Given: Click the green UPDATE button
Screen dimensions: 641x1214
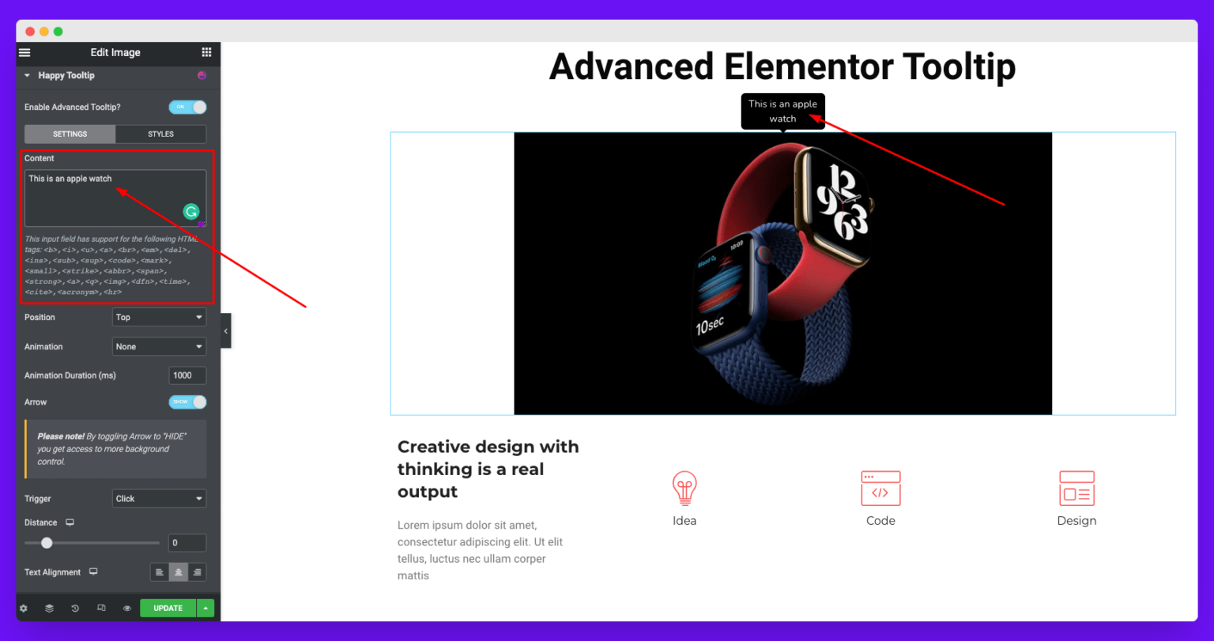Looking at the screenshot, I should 168,608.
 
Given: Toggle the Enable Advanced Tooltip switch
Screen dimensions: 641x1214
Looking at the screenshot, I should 187,107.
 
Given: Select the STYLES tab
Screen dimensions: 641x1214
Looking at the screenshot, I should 160,134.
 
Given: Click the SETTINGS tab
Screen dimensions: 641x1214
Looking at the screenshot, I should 70,134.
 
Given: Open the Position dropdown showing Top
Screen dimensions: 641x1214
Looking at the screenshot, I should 159,317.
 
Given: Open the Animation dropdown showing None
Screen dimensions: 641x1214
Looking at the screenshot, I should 159,346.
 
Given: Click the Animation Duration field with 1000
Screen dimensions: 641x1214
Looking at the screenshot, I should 187,375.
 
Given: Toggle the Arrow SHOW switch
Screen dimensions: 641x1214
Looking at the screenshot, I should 187,402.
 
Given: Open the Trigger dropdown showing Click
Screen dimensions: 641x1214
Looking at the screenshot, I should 159,499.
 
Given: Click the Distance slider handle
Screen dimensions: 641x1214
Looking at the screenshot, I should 47,543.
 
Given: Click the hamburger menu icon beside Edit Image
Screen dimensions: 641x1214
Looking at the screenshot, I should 25,52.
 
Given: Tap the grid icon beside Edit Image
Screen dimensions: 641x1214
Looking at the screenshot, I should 206,52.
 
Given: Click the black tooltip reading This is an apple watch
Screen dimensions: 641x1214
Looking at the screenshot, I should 782,111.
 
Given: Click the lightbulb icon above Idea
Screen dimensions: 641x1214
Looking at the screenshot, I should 684,488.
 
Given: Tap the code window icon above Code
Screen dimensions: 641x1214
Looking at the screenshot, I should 880,488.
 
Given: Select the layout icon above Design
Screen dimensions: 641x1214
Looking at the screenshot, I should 1076,488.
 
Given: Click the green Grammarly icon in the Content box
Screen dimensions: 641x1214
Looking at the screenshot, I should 191,211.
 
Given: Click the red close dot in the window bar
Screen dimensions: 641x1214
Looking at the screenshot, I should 30,32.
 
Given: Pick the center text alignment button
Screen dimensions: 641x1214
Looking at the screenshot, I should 179,572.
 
